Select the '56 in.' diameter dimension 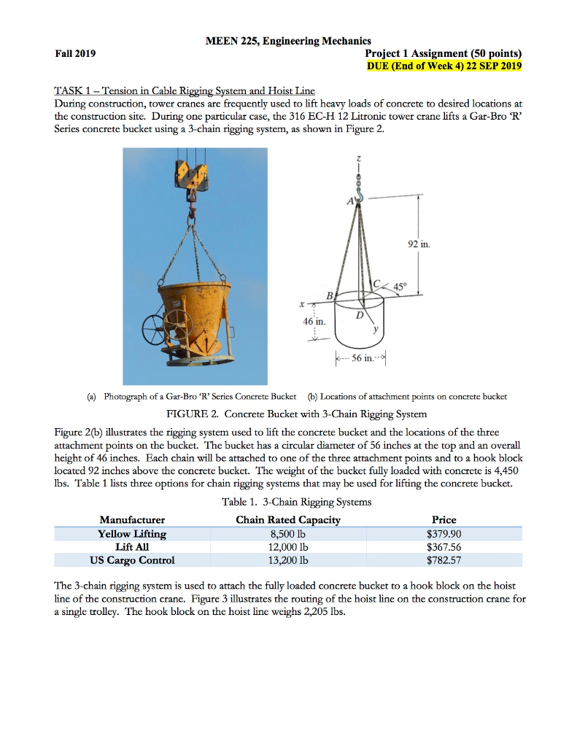click(x=362, y=358)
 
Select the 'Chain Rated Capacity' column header click(x=288, y=519)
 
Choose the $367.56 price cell click(x=444, y=546)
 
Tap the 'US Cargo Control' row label click(x=132, y=560)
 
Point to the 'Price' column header click(x=444, y=519)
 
